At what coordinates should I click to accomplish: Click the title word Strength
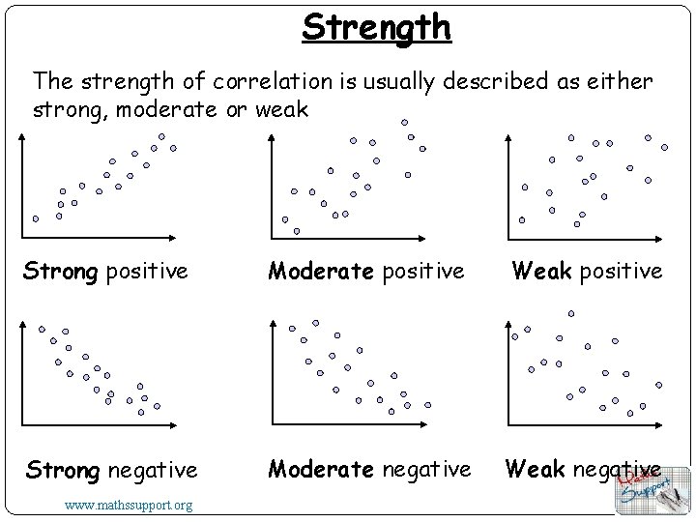376,27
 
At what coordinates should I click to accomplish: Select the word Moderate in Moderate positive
322,271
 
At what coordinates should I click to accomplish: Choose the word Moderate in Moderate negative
322,470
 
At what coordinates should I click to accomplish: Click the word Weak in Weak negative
536,470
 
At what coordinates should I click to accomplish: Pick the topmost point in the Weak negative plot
570,313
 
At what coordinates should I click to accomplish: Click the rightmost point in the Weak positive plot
665,147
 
